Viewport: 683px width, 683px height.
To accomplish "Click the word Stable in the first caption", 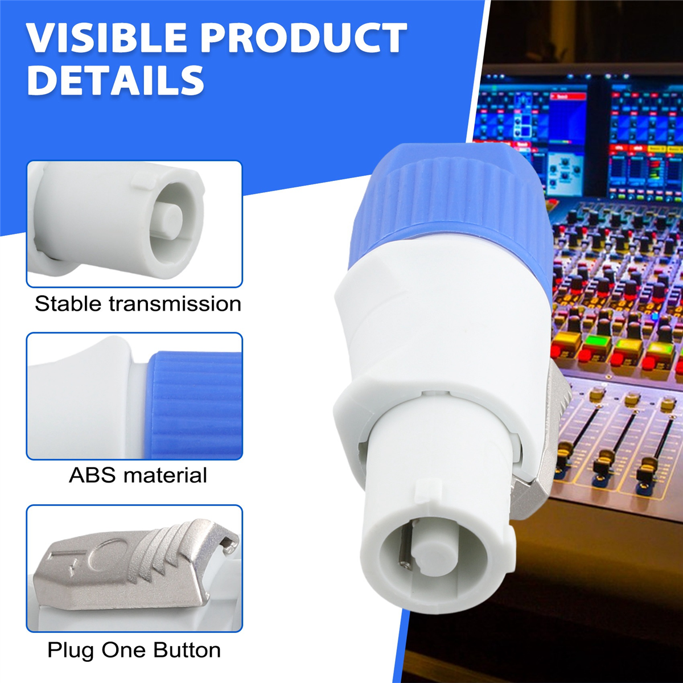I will point(68,303).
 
